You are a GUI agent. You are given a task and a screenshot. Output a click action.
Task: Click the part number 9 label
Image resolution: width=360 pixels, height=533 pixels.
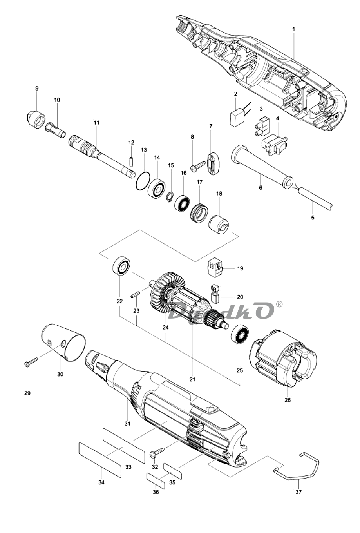[37, 89]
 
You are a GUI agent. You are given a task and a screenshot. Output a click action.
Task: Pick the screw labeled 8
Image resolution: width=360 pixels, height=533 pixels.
[198, 165]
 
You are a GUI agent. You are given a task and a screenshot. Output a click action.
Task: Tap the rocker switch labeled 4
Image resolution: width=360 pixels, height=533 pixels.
[274, 145]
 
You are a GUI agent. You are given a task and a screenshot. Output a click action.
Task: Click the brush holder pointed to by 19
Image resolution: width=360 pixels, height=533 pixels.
[215, 268]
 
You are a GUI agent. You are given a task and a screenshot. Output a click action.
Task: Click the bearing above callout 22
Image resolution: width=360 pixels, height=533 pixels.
[121, 266]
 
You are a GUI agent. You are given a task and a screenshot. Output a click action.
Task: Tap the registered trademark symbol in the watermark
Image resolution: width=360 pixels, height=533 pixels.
[279, 304]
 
